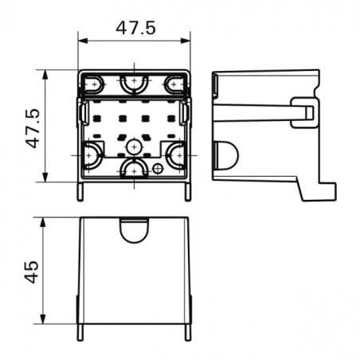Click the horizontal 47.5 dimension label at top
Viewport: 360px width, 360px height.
135,28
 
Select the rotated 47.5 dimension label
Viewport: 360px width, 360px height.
33,128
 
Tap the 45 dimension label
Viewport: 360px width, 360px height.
32,272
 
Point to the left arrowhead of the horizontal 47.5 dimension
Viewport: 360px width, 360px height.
83,41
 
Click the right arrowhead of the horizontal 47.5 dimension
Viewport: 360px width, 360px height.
186,41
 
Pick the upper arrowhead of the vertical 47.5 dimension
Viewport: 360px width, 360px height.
45,75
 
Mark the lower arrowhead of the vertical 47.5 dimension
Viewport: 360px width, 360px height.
45,178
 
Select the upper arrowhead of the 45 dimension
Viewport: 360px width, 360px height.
43,222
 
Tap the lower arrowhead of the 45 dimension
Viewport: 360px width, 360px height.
43,319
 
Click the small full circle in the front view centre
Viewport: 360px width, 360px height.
134,147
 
